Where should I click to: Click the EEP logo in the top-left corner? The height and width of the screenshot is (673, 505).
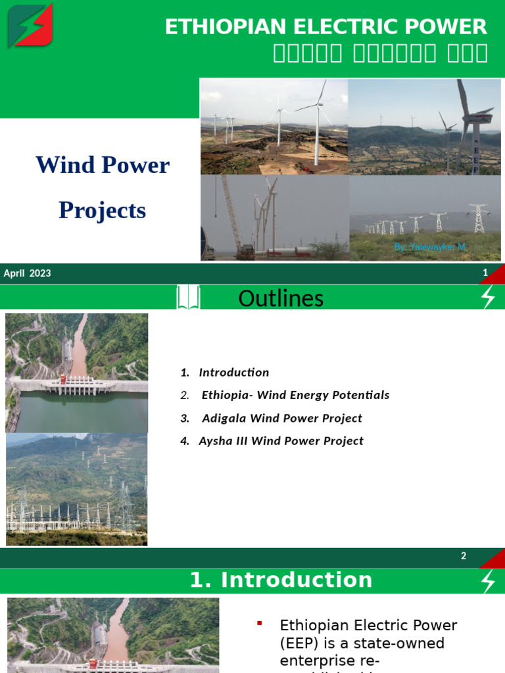coord(30,26)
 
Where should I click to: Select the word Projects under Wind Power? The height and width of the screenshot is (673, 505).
coord(102,210)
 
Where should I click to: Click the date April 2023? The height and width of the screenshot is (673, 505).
coord(28,273)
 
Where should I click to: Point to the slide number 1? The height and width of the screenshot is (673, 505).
coord(485,273)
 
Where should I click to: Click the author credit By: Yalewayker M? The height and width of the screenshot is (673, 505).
coord(429,246)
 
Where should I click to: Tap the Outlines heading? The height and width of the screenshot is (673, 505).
coord(281,298)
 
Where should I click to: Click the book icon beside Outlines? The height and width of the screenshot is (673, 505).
coord(187,298)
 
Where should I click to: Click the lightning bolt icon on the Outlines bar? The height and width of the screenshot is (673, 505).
coord(488,298)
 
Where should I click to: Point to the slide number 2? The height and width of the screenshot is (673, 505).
coord(464,556)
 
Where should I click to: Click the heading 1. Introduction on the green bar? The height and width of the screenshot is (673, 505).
coord(281,580)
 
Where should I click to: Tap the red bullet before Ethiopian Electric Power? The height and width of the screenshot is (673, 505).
coord(260,622)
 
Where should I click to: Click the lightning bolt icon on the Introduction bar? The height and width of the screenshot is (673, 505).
coord(488,581)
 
